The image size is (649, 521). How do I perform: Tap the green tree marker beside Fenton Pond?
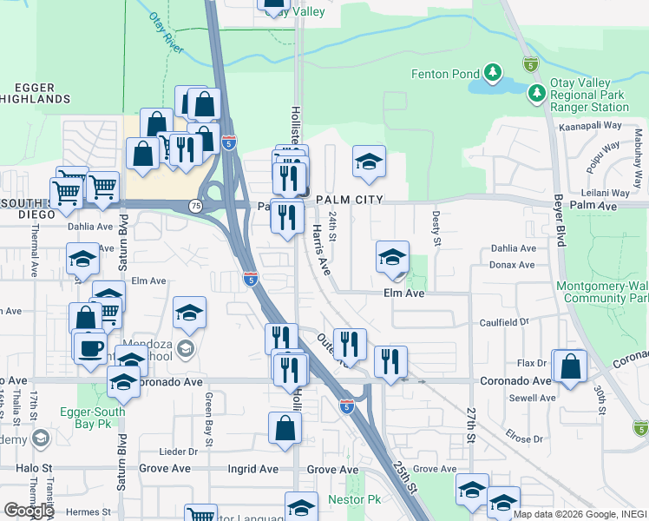tap(494, 71)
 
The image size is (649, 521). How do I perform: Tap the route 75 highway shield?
tap(196, 206)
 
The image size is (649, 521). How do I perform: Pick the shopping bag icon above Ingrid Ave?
tap(285, 427)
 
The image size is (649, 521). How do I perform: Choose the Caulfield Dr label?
tap(504, 322)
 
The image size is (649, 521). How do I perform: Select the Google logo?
tap(28, 511)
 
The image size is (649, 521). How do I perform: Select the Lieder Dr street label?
tap(180, 452)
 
